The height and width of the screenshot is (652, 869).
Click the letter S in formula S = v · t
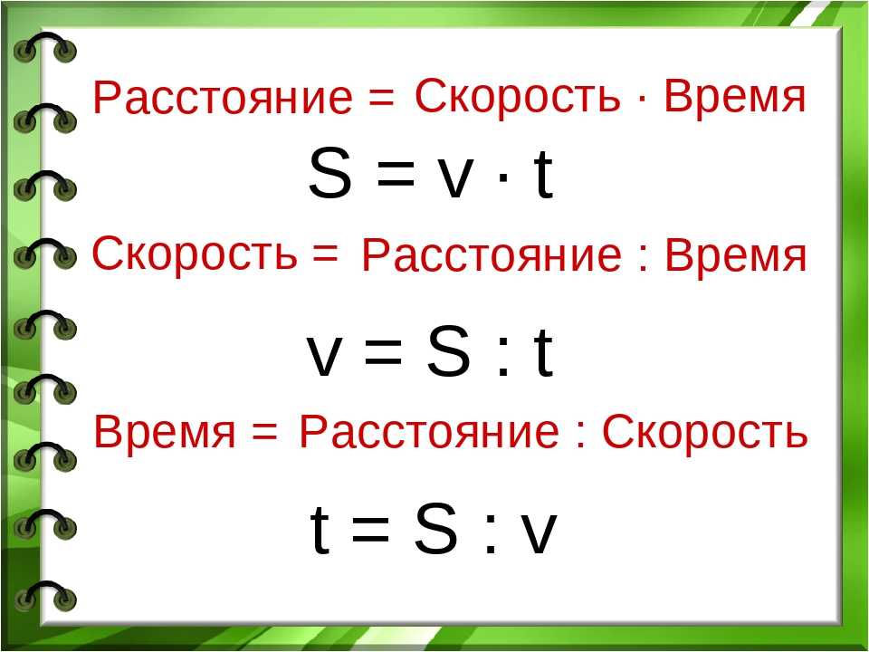(x=330, y=174)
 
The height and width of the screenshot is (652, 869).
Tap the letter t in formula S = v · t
(x=544, y=174)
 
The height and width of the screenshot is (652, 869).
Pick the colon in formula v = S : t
(x=503, y=359)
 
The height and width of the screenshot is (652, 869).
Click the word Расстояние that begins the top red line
(x=223, y=98)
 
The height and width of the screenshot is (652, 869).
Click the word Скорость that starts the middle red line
(x=194, y=254)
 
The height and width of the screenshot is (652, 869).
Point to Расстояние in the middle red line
(x=492, y=256)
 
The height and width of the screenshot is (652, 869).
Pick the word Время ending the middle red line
(x=735, y=255)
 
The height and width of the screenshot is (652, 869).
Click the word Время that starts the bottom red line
(x=165, y=431)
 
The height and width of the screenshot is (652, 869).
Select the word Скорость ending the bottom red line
(x=704, y=431)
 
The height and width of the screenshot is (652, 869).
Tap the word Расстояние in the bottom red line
(x=429, y=432)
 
